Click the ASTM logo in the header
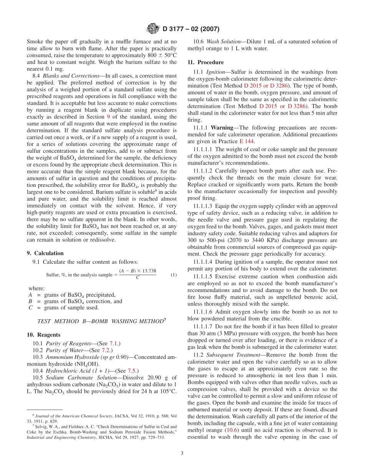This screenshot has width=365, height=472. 153,28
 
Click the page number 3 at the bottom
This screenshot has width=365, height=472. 182,453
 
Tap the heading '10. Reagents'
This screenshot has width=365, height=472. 43,335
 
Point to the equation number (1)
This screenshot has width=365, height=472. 174,275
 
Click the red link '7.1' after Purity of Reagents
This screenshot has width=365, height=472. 114,343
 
